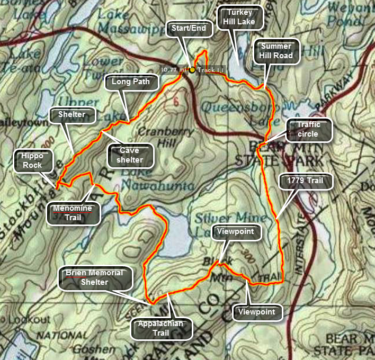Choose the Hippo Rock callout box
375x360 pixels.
[32, 160]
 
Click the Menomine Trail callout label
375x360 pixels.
[72, 212]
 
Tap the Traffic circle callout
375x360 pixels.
[308, 130]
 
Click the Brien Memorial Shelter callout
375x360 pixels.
[94, 277]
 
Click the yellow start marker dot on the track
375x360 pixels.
[192, 69]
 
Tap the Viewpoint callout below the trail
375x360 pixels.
[256, 312]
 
